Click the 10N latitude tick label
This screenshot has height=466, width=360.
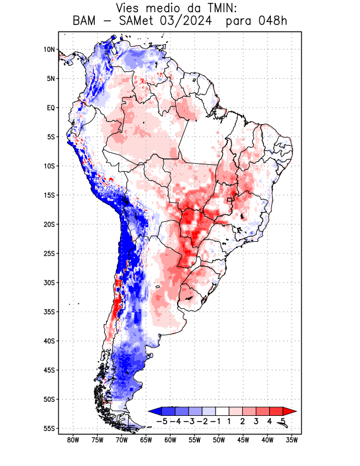point(49,50)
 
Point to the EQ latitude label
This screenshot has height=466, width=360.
point(51,108)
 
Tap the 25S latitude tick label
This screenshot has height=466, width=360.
point(49,253)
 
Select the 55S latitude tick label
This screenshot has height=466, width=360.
point(49,428)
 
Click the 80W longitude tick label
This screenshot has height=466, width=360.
point(73,440)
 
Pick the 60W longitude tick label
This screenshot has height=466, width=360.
point(170,440)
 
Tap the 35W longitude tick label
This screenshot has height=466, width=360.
point(292,440)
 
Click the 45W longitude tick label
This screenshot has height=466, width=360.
point(243,440)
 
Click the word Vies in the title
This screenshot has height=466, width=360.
point(130,8)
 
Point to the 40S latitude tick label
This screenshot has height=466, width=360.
point(49,341)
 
